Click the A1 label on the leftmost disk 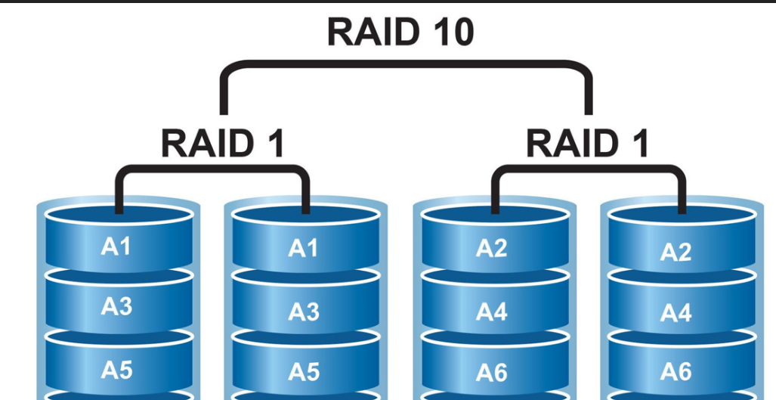pos(116,246)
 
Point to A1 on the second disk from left pos(304,248)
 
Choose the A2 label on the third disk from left pos(491,248)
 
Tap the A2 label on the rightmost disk pos(676,252)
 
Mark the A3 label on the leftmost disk pos(116,306)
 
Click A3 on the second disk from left pos(304,311)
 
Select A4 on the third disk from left pos(491,311)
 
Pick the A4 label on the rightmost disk pos(676,312)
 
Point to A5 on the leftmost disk pos(116,369)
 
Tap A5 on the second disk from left pos(304,372)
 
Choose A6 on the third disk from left pos(491,373)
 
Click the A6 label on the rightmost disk pos(676,371)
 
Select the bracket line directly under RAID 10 pos(407,67)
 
